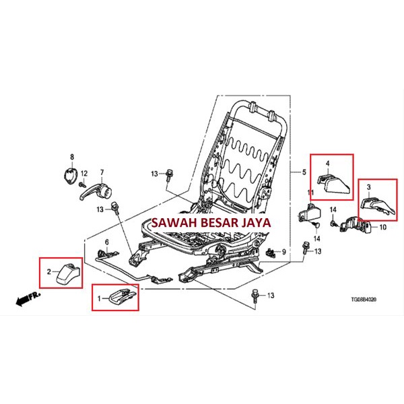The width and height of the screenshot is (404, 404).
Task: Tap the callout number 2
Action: point(49,272)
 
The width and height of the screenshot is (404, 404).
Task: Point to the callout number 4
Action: point(328,164)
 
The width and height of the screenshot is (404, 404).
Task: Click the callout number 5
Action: point(304,174)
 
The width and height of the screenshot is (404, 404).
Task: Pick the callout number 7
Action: point(102,172)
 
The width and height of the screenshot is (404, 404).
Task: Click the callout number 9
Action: point(284,252)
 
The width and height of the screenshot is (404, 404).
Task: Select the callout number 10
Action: point(383,228)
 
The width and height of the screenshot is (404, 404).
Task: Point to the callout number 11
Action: point(311,194)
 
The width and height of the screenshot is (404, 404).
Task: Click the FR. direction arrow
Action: point(28,296)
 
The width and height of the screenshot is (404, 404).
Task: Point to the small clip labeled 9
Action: point(272,252)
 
